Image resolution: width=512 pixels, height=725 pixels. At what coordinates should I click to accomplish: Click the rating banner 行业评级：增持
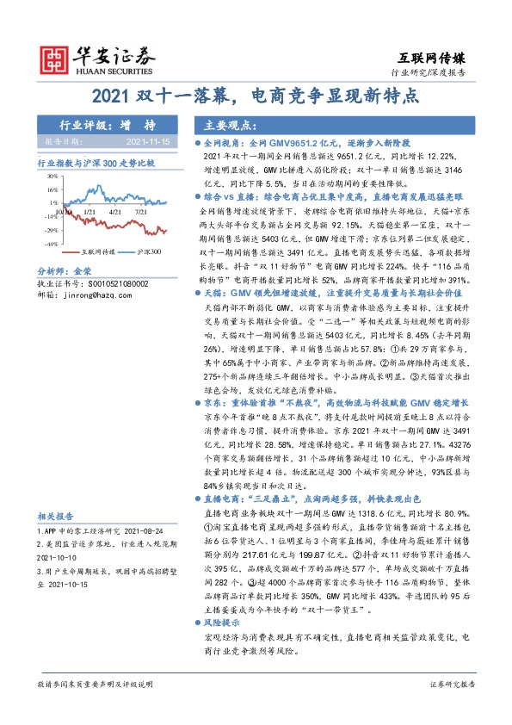[x=96, y=124]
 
